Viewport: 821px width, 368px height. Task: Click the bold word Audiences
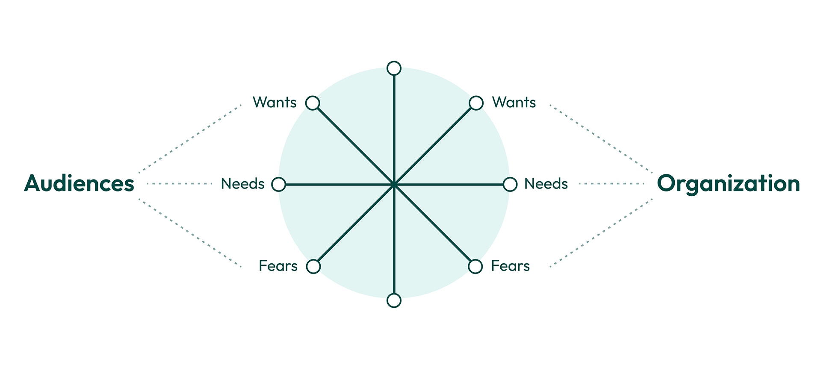[79, 183]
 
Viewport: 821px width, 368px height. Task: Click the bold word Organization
[728, 183]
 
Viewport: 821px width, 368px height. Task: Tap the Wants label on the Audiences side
[275, 103]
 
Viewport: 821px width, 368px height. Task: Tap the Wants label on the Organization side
[514, 103]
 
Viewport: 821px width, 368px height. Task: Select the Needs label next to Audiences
[242, 184]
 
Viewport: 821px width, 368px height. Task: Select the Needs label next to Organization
[546, 184]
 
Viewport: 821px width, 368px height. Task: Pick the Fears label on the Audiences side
[278, 266]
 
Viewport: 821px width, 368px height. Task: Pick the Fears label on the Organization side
[510, 266]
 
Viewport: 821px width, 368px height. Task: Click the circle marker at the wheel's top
[394, 68]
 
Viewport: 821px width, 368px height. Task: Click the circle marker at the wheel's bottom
[394, 300]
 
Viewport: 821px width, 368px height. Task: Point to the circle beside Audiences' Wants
[313, 103]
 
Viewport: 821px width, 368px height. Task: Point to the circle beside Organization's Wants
[476, 103]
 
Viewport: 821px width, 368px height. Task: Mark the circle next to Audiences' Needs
[279, 184]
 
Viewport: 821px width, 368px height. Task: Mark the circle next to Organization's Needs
[510, 184]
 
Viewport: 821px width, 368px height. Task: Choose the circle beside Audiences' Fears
[313, 266]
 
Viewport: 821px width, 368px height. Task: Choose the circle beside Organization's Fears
[475, 266]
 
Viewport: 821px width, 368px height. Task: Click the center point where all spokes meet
[394, 185]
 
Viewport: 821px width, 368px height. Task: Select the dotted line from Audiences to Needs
[180, 184]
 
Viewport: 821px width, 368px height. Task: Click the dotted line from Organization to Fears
[601, 233]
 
